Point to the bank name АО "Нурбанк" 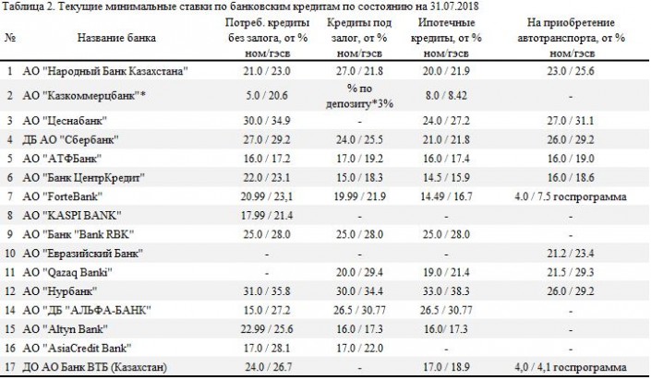(x=66, y=291)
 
